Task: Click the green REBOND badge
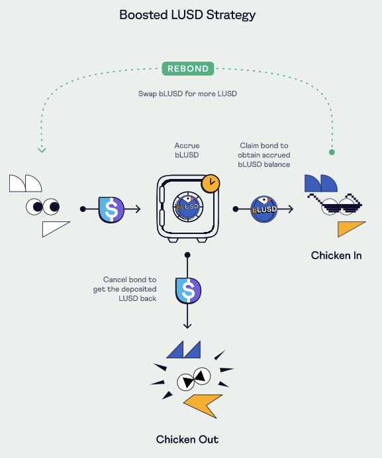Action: [x=188, y=69]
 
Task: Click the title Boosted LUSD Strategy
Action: [x=187, y=15]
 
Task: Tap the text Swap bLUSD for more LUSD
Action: [x=187, y=93]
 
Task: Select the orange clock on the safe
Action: [x=211, y=184]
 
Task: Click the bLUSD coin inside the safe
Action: [x=187, y=207]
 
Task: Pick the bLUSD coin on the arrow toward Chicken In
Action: [x=264, y=209]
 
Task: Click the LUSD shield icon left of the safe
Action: [x=111, y=209]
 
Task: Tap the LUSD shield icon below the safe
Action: [x=188, y=290]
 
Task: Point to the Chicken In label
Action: [x=336, y=256]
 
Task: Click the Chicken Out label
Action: [x=187, y=439]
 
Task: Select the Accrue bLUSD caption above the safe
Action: [x=187, y=150]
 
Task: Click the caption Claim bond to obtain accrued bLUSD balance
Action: [x=263, y=155]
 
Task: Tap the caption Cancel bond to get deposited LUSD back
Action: [x=125, y=289]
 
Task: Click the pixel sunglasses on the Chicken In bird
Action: [x=336, y=204]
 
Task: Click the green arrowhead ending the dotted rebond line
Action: [x=42, y=150]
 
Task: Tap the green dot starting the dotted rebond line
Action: [x=332, y=152]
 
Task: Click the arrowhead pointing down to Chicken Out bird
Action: [x=187, y=325]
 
